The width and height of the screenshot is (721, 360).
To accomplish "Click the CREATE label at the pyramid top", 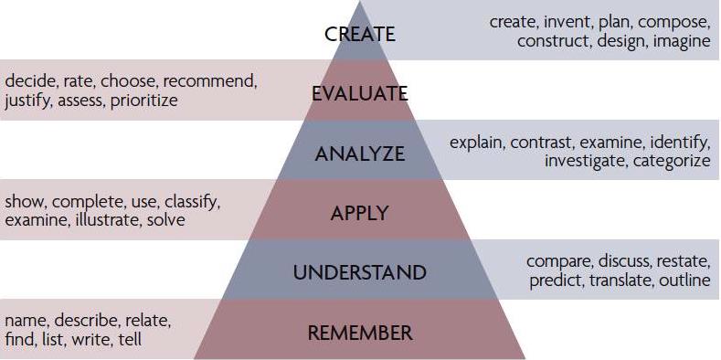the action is pos(360,35).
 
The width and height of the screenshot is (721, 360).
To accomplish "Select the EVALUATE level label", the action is pos(359,94).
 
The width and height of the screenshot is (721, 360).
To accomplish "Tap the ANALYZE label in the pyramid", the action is pos(359,154).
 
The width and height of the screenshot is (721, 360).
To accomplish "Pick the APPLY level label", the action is pos(359,214).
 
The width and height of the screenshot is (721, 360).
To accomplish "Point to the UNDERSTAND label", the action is pos(359,272).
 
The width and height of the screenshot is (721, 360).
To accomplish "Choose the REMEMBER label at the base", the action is pos(359,333).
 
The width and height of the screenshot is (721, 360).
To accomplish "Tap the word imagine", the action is pos(679,41).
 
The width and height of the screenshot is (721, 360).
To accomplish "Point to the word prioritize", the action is pos(144,101).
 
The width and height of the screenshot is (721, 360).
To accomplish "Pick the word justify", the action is pos(27,101).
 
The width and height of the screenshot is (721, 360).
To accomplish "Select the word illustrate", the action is pos(107,220).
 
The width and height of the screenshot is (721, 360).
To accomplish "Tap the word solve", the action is pos(165,220).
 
